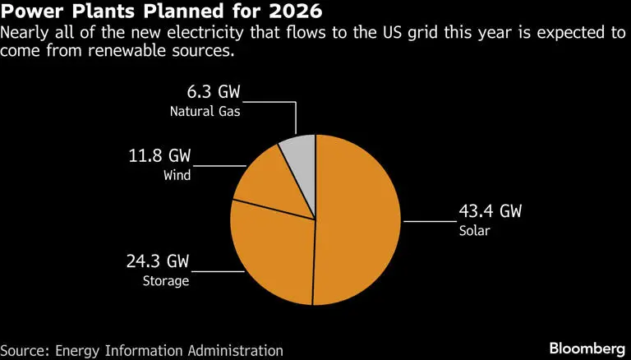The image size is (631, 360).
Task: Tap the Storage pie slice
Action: point(271,255)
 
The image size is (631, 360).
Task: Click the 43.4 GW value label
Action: point(490,212)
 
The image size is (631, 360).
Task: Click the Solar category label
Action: point(475,231)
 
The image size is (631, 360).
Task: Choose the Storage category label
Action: point(168,281)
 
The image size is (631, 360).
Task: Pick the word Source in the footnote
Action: point(23,349)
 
